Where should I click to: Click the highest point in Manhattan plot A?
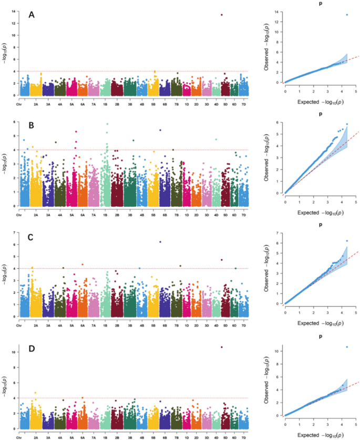coord(222,15)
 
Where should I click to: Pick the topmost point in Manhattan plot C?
coord(160,242)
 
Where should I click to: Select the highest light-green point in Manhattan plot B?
coord(107,124)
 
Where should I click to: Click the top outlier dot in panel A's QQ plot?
coord(347,15)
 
